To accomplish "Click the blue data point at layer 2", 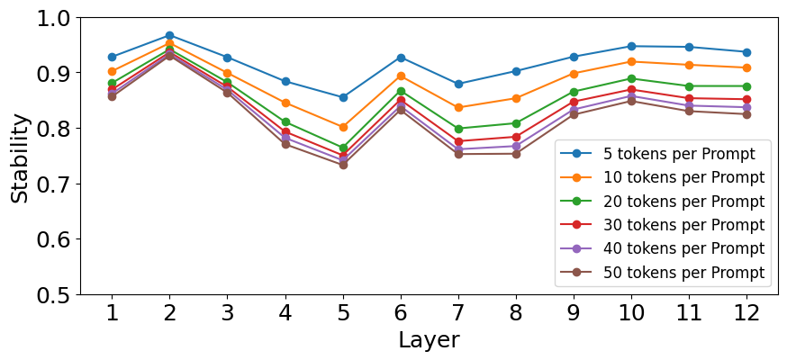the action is pyautogui.click(x=169, y=36).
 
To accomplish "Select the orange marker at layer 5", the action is pyautogui.click(x=343, y=128).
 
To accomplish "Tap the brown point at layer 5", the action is pyautogui.click(x=343, y=165).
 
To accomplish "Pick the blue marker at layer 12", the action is pyautogui.click(x=746, y=52).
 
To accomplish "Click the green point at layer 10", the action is pyautogui.click(x=631, y=78).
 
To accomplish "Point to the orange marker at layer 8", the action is pyautogui.click(x=516, y=98).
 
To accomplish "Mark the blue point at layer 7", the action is pyautogui.click(x=458, y=84).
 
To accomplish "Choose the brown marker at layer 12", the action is pyautogui.click(x=746, y=114).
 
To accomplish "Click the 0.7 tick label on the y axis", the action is pyautogui.click(x=56, y=184).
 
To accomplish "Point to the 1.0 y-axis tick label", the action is pyautogui.click(x=56, y=18).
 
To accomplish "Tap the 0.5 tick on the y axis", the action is pyautogui.click(x=56, y=295).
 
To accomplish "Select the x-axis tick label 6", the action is pyautogui.click(x=401, y=313).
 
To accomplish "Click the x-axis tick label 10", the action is pyautogui.click(x=631, y=313).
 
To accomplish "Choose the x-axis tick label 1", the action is pyautogui.click(x=113, y=313).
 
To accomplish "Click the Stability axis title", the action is pyautogui.click(x=20, y=158).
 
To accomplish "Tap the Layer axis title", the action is pyautogui.click(x=429, y=341).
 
